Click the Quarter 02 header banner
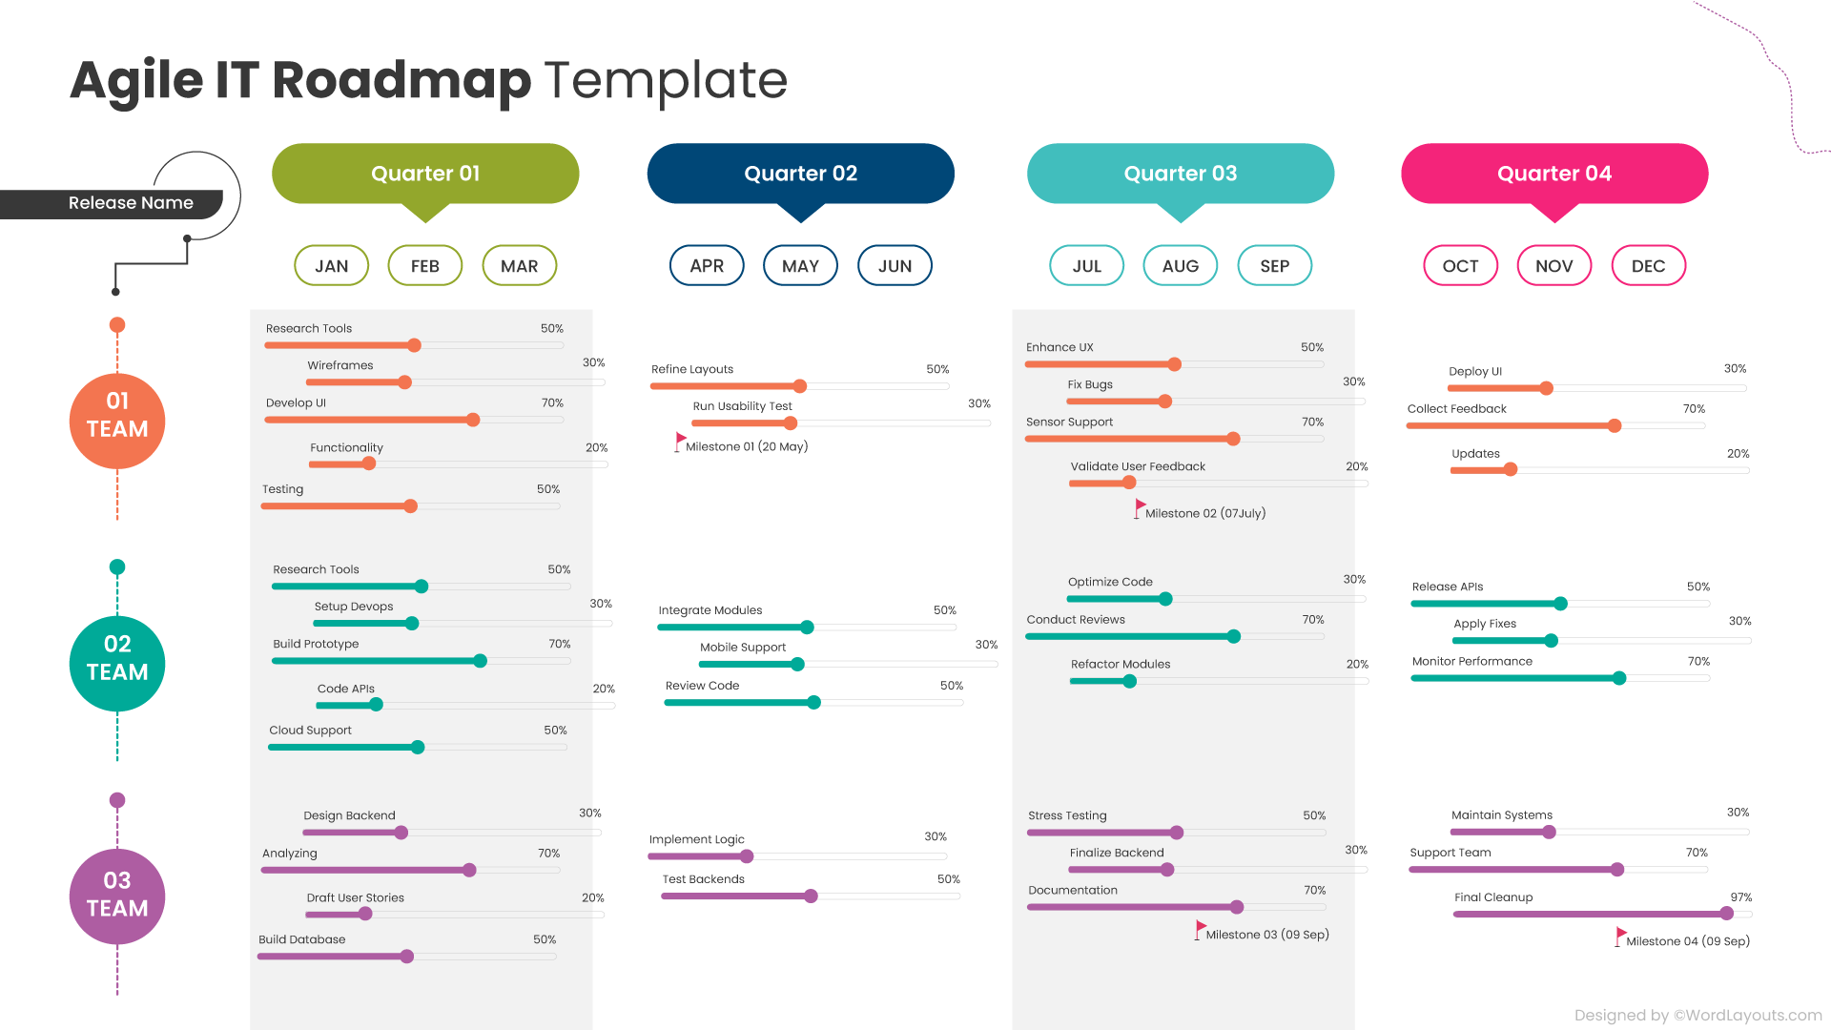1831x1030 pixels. click(800, 174)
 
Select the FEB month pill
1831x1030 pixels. click(425, 266)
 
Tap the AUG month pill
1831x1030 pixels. click(1180, 266)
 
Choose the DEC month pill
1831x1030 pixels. click(1648, 266)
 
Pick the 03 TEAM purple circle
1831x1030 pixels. click(117, 896)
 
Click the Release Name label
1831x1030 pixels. click(131, 203)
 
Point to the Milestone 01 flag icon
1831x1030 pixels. click(680, 441)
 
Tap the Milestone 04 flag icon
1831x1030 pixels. click(1620, 936)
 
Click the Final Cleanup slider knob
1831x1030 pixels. click(1726, 914)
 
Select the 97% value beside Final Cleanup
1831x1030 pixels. click(1740, 897)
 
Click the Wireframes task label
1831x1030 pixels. click(340, 365)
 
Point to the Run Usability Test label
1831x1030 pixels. click(742, 406)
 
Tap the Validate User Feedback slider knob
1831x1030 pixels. click(1129, 483)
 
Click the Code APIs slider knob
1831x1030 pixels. click(377, 705)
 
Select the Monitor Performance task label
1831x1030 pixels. click(1471, 661)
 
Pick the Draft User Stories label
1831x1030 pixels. click(355, 897)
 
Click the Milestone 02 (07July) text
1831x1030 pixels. click(1205, 513)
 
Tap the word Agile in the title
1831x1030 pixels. click(136, 80)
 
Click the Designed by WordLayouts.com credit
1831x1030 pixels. click(1697, 1015)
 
